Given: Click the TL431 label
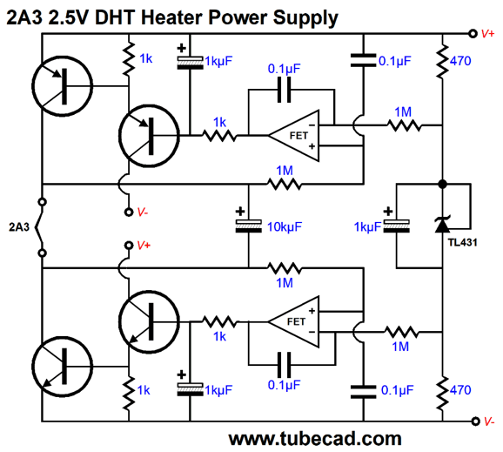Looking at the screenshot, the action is (x=462, y=242).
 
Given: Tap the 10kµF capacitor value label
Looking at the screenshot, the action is (x=285, y=227).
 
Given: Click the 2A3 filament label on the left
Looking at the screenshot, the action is (x=19, y=227).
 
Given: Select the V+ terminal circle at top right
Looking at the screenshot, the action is (x=473, y=33).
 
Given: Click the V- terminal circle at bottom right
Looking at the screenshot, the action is (x=475, y=422).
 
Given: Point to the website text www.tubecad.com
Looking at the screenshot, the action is (x=315, y=439).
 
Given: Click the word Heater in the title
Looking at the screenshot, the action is (x=171, y=17).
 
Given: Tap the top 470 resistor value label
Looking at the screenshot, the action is (x=460, y=61).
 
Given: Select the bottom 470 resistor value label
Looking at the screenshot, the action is (x=460, y=390).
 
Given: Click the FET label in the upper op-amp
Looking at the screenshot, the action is (x=298, y=136).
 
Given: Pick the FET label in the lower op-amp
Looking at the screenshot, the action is (x=296, y=321).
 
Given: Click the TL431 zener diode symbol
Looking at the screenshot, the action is (x=442, y=225).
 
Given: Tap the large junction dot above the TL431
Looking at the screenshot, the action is (x=443, y=184).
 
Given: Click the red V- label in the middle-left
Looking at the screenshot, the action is (x=143, y=213).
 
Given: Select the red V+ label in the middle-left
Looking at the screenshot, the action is (x=144, y=246).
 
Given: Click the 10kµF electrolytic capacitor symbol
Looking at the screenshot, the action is (x=248, y=226).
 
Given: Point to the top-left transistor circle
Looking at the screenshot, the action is (x=63, y=85).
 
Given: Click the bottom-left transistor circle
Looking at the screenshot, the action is (x=63, y=367).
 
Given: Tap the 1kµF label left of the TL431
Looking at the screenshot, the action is (x=367, y=227).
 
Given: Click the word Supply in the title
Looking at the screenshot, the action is (x=305, y=18).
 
